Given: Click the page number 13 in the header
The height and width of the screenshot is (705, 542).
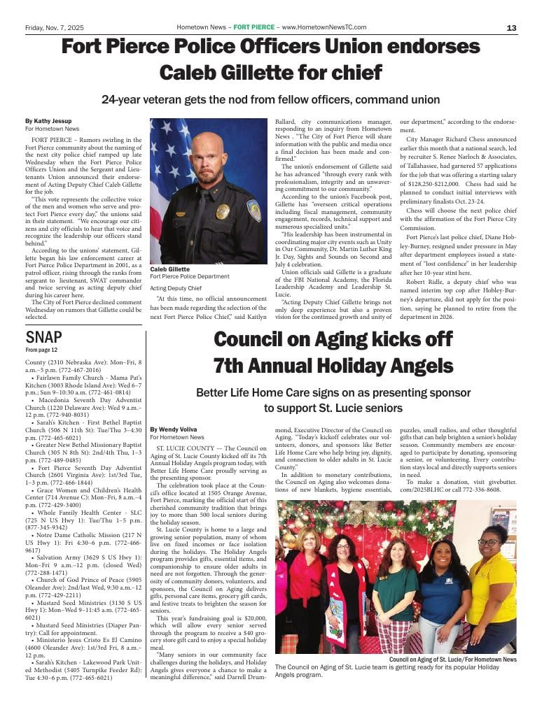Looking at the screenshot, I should [x=511, y=27].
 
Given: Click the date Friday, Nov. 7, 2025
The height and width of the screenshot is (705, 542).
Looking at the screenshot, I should [x=54, y=27].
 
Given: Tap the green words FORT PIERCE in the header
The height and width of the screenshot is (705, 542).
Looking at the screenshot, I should [x=254, y=27].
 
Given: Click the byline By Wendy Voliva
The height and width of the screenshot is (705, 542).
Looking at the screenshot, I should [x=174, y=429].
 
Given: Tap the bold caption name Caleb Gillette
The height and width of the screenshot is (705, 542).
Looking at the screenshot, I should [x=170, y=269].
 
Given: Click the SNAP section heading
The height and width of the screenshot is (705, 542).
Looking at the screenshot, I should [x=43, y=337].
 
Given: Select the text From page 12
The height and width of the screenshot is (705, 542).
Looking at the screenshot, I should [x=41, y=350].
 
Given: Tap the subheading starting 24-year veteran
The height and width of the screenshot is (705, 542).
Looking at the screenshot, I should [x=270, y=100].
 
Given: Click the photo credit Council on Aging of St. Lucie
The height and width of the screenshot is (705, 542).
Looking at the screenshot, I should [x=452, y=660].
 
